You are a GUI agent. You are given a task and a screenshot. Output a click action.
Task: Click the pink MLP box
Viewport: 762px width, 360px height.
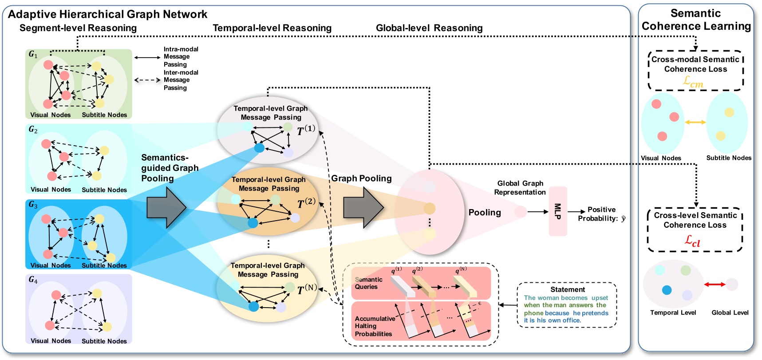(x=558, y=211)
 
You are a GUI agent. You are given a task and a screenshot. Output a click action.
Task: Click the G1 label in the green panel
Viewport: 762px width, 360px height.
(x=33, y=54)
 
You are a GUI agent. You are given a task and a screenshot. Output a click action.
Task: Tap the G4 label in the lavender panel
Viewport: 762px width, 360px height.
(x=33, y=280)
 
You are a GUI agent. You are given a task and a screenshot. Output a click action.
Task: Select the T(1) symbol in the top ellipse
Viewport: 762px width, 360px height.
(x=306, y=130)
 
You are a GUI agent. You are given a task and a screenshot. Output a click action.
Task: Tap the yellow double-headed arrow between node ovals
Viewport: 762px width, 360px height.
(x=695, y=122)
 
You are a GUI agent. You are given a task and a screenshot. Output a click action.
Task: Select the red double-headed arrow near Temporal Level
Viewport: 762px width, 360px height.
(x=714, y=284)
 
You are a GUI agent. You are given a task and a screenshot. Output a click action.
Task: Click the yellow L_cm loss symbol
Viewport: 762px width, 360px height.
(x=693, y=82)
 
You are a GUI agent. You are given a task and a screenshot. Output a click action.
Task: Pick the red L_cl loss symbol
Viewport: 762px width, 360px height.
(x=692, y=241)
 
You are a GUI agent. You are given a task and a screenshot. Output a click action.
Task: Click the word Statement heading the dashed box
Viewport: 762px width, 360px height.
(x=568, y=289)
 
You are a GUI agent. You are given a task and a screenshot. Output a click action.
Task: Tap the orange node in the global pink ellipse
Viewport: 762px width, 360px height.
(x=429, y=208)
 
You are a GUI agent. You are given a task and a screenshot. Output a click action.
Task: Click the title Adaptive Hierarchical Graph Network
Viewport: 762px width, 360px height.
(x=107, y=14)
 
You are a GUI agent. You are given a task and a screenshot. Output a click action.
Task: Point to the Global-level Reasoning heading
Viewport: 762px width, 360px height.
(x=429, y=28)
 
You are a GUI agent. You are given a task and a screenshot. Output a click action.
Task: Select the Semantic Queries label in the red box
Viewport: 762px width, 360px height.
(x=368, y=283)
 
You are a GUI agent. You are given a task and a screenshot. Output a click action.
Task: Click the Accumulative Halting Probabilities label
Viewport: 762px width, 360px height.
(x=374, y=326)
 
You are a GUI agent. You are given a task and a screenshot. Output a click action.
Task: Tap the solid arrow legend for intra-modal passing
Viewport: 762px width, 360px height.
(x=147, y=57)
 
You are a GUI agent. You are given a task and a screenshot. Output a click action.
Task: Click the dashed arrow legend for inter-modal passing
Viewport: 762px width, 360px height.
(x=147, y=80)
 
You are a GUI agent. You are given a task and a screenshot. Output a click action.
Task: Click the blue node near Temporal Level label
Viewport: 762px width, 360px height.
(x=667, y=290)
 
